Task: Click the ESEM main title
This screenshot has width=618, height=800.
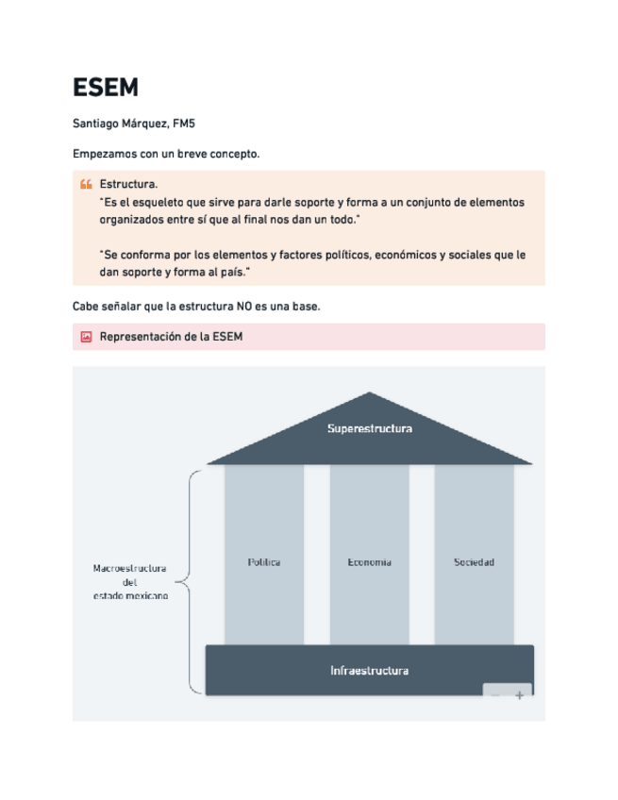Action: (106, 88)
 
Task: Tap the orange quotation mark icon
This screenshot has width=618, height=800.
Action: (86, 184)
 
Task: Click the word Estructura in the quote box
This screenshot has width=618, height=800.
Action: (127, 184)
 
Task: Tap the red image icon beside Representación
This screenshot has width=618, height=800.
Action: (86, 337)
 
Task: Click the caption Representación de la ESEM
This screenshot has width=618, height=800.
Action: (171, 337)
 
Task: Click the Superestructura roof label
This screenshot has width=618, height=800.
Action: (369, 428)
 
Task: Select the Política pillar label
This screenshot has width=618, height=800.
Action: (264, 562)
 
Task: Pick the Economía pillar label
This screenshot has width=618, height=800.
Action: (369, 562)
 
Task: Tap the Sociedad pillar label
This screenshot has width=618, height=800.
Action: (474, 562)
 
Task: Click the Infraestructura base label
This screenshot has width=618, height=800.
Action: (369, 671)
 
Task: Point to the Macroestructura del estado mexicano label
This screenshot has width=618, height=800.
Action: (130, 582)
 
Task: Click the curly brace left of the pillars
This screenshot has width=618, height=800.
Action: (189, 582)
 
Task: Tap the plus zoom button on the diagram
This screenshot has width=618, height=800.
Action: (519, 695)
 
